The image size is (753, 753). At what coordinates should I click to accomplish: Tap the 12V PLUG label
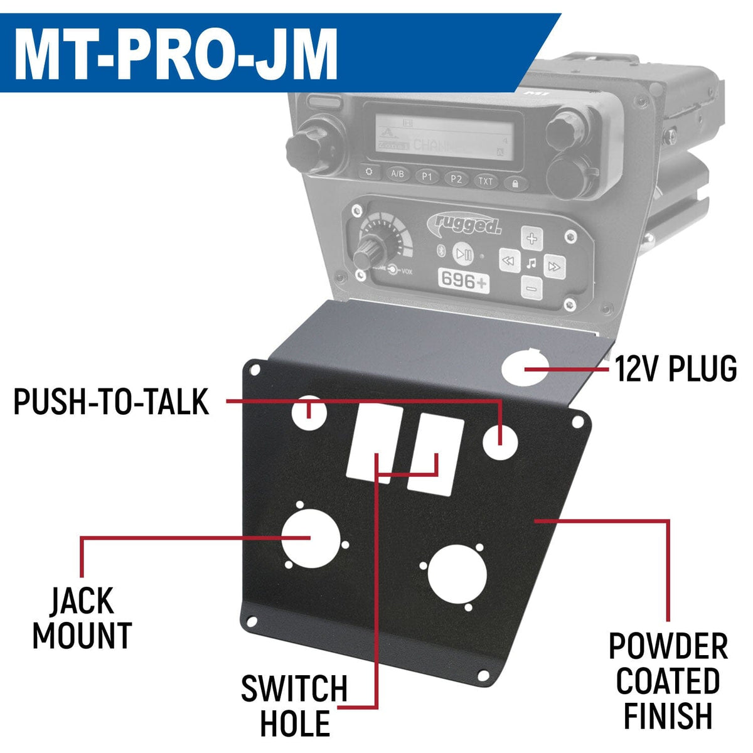pyautogui.click(x=676, y=369)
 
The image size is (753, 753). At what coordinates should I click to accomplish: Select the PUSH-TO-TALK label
pyautogui.click(x=111, y=402)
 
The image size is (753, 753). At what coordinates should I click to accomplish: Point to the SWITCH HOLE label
pyautogui.click(x=294, y=706)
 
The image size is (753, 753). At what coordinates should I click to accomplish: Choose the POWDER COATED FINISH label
pyautogui.click(x=668, y=681)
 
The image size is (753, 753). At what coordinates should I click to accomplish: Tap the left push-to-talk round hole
pyautogui.click(x=309, y=412)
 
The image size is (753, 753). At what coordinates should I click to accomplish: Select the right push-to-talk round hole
pyautogui.click(x=500, y=442)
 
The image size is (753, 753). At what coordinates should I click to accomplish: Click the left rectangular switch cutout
pyautogui.click(x=375, y=441)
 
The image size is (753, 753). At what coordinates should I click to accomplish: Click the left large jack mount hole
pyautogui.click(x=306, y=538)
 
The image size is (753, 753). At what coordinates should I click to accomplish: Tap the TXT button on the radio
pyautogui.click(x=486, y=181)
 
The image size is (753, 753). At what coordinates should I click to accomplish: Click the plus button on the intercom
pyautogui.click(x=532, y=238)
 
